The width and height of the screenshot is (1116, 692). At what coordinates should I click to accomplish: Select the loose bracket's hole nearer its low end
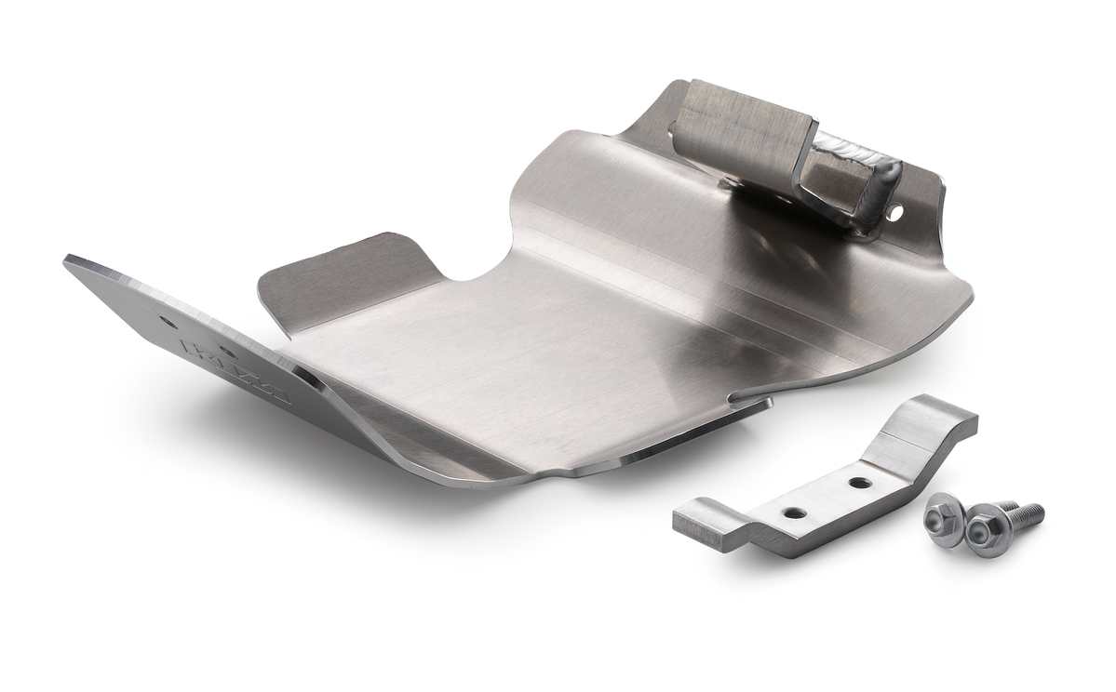[x=793, y=512]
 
